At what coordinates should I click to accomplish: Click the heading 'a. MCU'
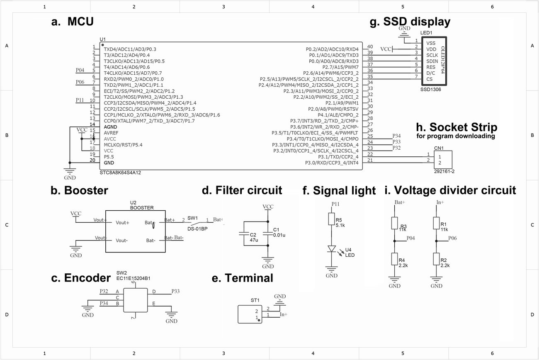pyautogui.click(x=73, y=22)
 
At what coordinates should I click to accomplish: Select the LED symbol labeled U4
pyautogui.click(x=332, y=249)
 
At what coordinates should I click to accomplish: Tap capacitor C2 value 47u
pyautogui.click(x=254, y=240)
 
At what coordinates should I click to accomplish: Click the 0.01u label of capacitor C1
pyautogui.click(x=280, y=235)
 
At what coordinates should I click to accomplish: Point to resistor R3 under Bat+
pyautogui.click(x=394, y=224)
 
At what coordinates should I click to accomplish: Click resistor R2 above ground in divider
pyautogui.click(x=436, y=259)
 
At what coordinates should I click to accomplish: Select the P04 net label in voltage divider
pyautogui.click(x=410, y=238)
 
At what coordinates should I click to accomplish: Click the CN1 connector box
pyautogui.click(x=443, y=160)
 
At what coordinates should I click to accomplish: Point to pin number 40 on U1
pyautogui.click(x=370, y=47)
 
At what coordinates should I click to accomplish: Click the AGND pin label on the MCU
pyautogui.click(x=110, y=126)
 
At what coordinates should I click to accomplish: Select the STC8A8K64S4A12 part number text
pyautogui.click(x=123, y=172)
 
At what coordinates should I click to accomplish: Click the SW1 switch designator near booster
pyautogui.click(x=192, y=218)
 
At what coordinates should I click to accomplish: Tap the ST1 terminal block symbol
pyautogui.click(x=249, y=314)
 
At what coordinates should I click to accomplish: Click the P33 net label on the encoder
pyautogui.click(x=175, y=292)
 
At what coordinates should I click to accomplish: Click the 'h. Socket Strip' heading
pyautogui.click(x=456, y=126)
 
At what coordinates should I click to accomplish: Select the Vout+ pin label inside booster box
pyautogui.click(x=123, y=223)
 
